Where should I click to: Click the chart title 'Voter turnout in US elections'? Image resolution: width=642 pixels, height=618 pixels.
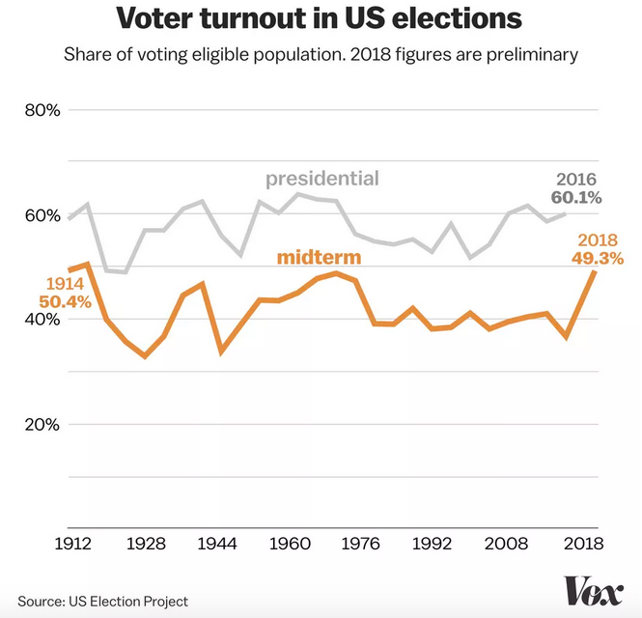click(x=321, y=19)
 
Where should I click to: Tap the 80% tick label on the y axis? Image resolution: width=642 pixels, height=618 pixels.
click(x=42, y=110)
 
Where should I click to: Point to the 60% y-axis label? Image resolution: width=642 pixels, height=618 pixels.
click(x=42, y=215)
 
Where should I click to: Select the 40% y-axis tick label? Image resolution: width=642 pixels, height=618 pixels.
click(x=42, y=321)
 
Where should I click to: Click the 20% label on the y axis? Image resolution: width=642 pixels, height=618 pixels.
click(x=42, y=425)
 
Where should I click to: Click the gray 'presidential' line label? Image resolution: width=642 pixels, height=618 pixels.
click(x=322, y=179)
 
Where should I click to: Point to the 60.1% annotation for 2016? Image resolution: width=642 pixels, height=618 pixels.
click(x=576, y=198)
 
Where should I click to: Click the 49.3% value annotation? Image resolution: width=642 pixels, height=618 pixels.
click(x=599, y=259)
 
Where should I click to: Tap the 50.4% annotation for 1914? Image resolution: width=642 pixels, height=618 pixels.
click(x=65, y=302)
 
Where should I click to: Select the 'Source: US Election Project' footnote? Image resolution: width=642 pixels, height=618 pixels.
click(x=102, y=601)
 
